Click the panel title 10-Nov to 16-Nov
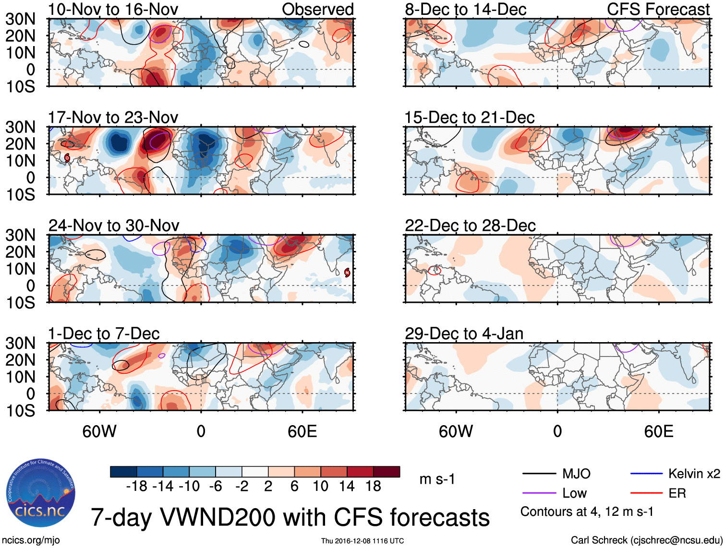[x=113, y=9]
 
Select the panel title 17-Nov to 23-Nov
[x=113, y=117]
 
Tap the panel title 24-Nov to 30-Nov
[x=114, y=226]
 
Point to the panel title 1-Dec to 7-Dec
[x=104, y=334]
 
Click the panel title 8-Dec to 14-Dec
[x=466, y=9]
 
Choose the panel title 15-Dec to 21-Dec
[x=470, y=117]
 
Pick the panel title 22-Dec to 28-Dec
[x=470, y=226]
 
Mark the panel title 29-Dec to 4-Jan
[x=464, y=334]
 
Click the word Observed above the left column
[x=317, y=9]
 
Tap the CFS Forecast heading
[x=658, y=9]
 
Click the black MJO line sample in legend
[x=539, y=474]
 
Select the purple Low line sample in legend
[x=539, y=493]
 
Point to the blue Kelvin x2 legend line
[x=646, y=474]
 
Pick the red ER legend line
[x=646, y=493]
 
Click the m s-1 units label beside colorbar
[x=437, y=479]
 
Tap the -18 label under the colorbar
[x=137, y=487]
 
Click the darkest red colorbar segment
[x=387, y=472]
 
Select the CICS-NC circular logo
[x=41, y=493]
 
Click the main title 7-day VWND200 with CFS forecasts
[x=290, y=517]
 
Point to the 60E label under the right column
[x=658, y=431]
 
